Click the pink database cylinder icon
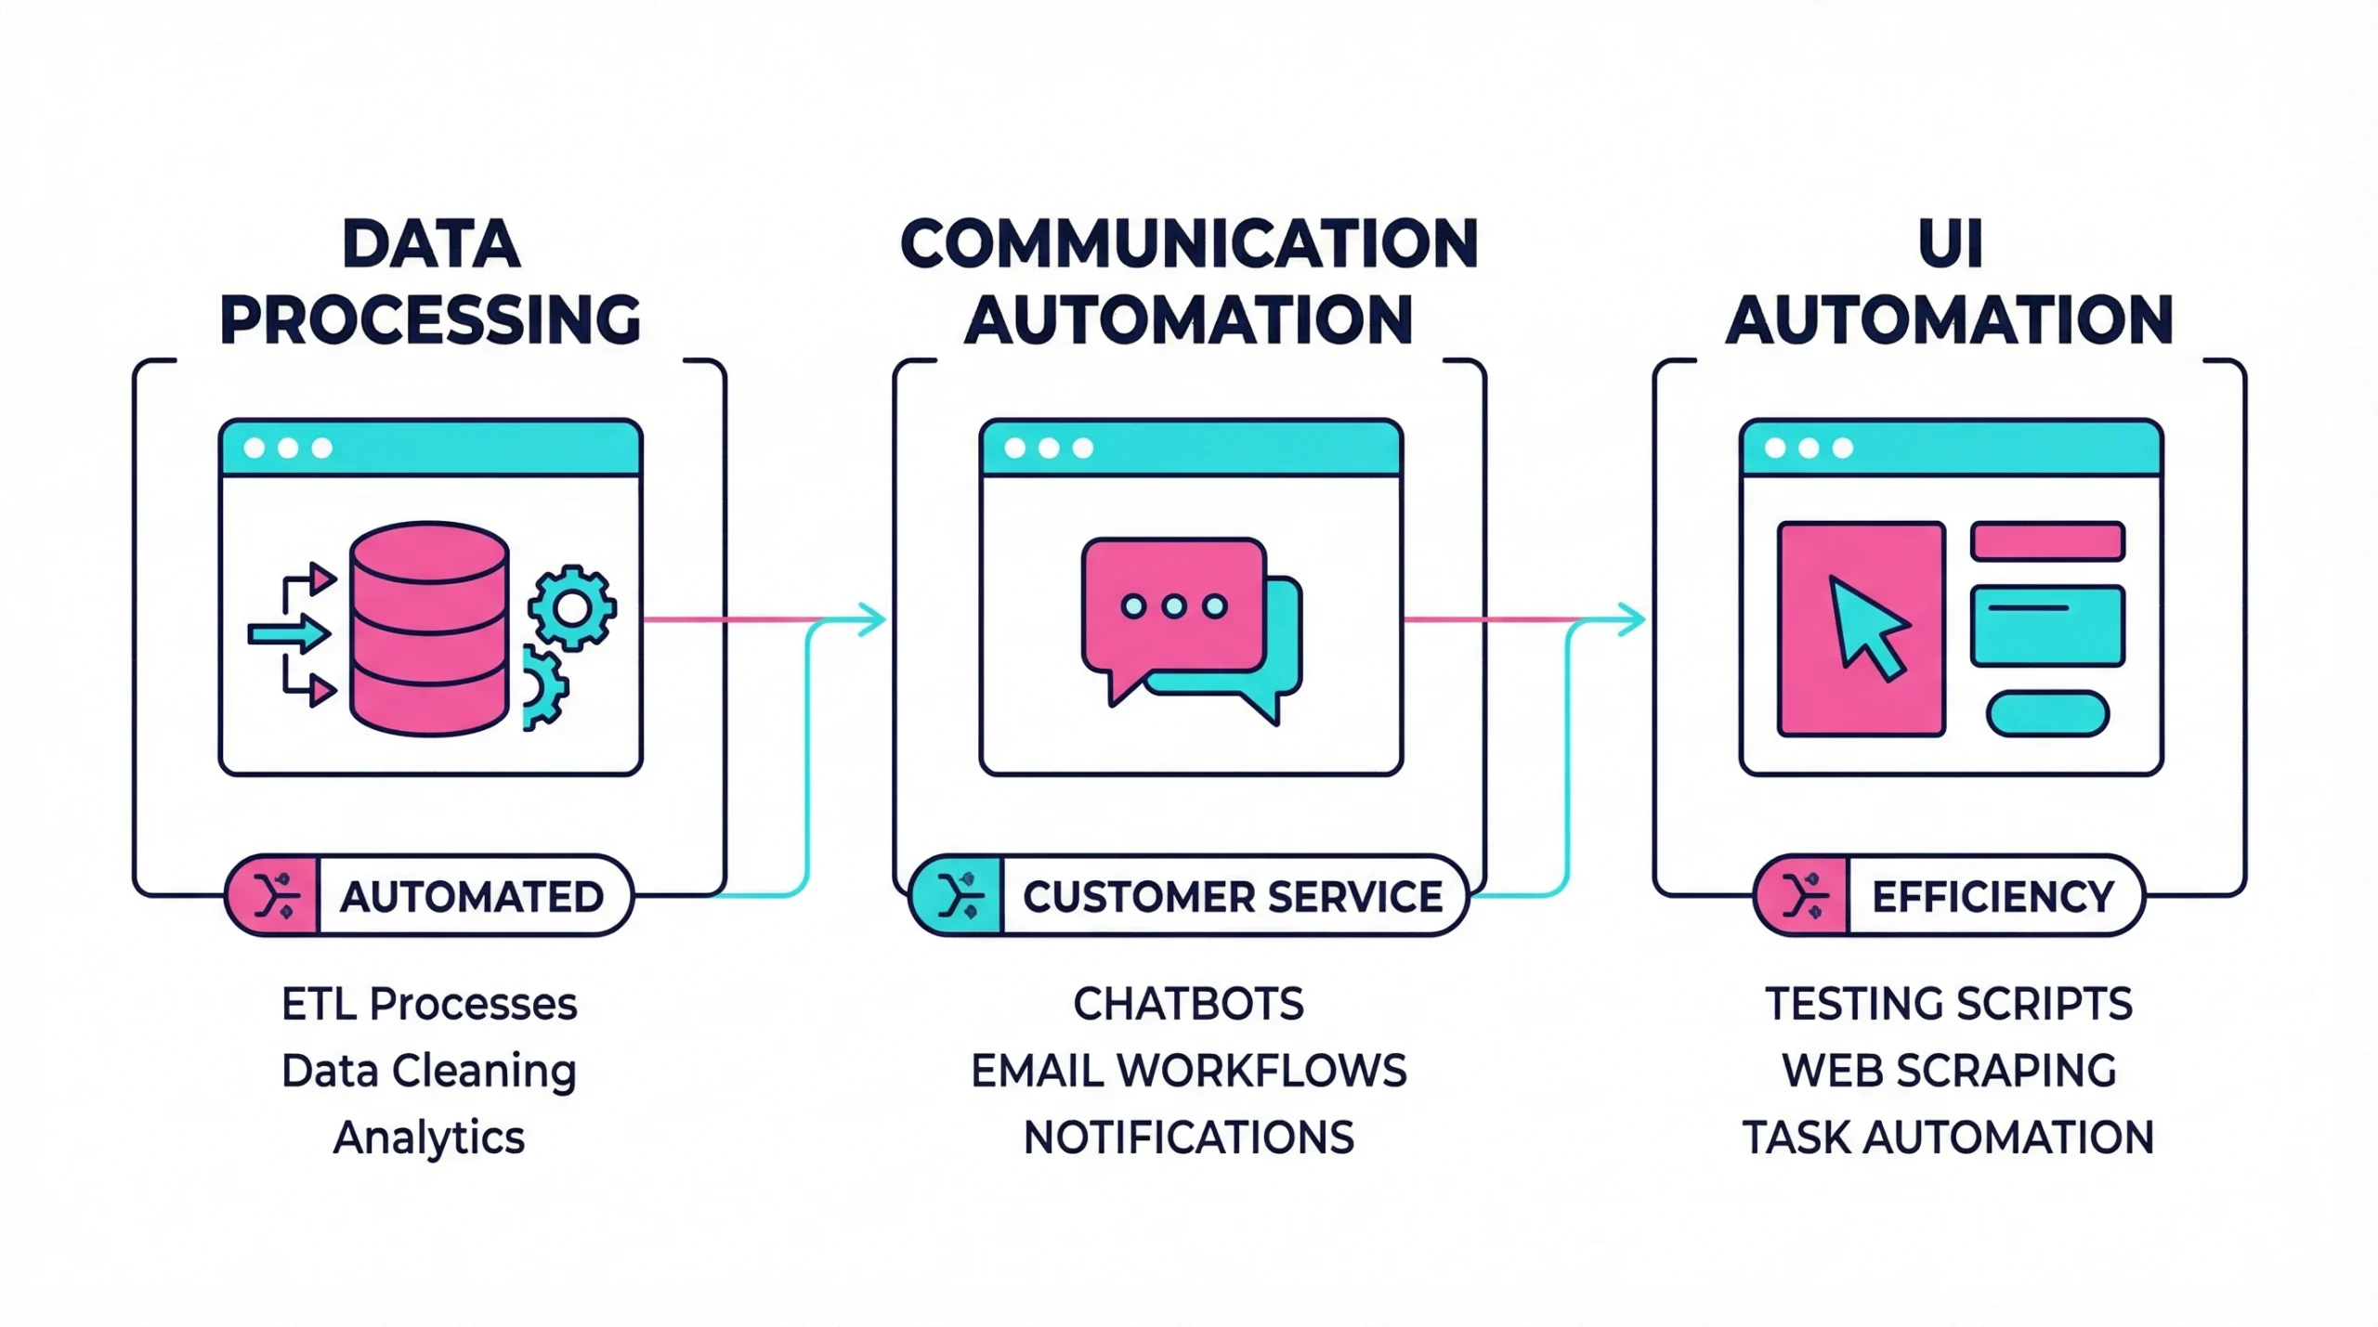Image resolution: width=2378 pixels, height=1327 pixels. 429,629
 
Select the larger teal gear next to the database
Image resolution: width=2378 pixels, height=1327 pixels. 571,608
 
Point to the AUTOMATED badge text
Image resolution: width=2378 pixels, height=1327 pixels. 472,897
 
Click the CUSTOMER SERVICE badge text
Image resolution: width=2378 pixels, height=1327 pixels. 1232,897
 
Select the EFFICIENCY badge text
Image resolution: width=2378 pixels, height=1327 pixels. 1993,897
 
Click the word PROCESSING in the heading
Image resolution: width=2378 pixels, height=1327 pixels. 430,320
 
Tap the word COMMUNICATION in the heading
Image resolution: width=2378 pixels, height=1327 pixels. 1189,244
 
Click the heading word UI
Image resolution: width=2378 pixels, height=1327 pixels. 1950,244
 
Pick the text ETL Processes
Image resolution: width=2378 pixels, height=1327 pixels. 429,1004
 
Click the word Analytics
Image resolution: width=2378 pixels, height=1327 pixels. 429,1138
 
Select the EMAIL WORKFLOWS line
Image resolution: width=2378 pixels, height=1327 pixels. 1189,1071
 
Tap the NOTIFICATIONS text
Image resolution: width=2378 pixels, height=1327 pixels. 1189,1138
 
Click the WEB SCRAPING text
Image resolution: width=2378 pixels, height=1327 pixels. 1949,1071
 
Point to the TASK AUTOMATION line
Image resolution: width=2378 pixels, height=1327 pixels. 1949,1138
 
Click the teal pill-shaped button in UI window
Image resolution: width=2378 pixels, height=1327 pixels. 2047,714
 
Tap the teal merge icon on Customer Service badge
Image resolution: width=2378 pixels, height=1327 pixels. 959,896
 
